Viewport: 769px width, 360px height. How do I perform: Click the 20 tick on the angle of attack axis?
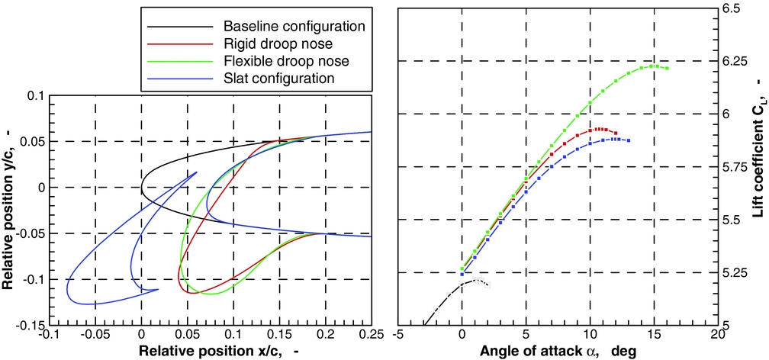coord(716,334)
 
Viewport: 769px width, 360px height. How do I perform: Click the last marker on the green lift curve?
coord(667,69)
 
